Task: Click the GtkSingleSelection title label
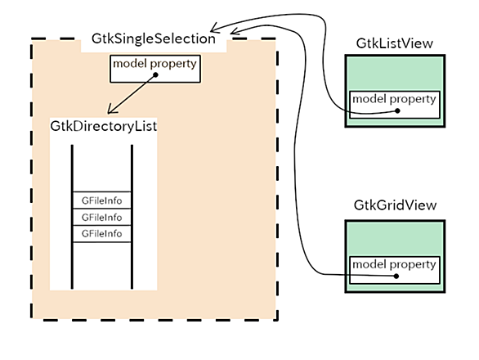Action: pyautogui.click(x=154, y=38)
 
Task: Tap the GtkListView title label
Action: pyautogui.click(x=394, y=43)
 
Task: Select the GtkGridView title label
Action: pyautogui.click(x=395, y=205)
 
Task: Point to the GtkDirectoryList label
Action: pyautogui.click(x=104, y=126)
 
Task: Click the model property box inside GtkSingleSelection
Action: pyautogui.click(x=155, y=69)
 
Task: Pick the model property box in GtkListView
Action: pyautogui.click(x=394, y=105)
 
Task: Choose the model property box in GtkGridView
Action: pyautogui.click(x=394, y=270)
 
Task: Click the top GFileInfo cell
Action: pyautogui.click(x=102, y=200)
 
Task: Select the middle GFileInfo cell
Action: pyautogui.click(x=102, y=217)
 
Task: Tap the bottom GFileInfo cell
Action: pyautogui.click(x=102, y=234)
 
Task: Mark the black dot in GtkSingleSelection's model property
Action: pyautogui.click(x=155, y=74)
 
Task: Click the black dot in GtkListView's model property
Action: pyautogui.click(x=397, y=110)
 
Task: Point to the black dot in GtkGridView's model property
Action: pyautogui.click(x=396, y=277)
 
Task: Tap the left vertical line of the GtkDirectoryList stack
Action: pyautogui.click(x=72, y=217)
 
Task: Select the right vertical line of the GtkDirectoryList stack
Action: pyautogui.click(x=132, y=217)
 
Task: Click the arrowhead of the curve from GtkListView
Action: pyautogui.click(x=213, y=29)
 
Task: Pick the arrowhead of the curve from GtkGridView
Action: pyautogui.click(x=234, y=30)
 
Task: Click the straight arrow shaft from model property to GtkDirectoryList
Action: pyautogui.click(x=132, y=94)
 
